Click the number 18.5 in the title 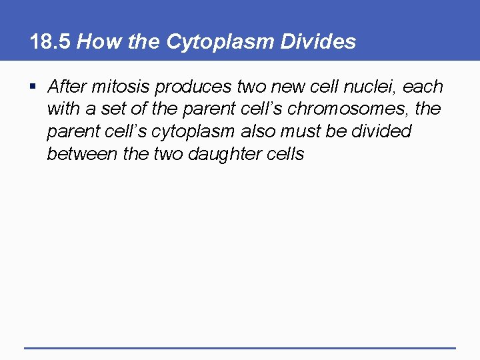pos(51,42)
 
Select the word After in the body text pos(67,87)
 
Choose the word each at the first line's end pos(423,87)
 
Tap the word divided pos(381,132)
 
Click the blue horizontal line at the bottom pos(240,347)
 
